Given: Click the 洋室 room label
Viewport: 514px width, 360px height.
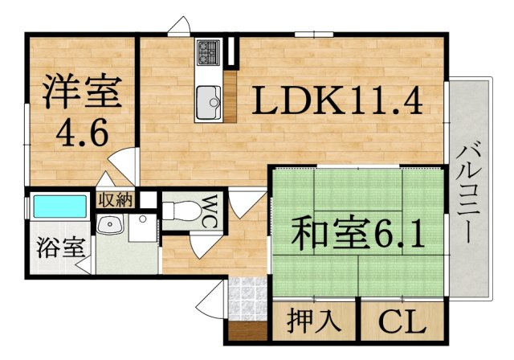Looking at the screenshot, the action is pos(82,92).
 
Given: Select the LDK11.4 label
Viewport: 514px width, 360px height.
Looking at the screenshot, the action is pos(337,100).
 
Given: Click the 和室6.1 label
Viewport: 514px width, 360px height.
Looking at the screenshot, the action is pos(358,234).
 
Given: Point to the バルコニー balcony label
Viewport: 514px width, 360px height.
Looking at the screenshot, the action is pos(469,195).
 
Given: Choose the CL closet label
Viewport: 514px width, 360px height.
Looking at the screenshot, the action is pos(402,321).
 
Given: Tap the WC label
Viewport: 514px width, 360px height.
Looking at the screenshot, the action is pos(209,212).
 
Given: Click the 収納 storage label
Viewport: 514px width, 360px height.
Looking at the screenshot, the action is pos(116,199).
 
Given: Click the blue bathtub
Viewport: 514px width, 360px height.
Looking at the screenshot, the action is pos(60,207).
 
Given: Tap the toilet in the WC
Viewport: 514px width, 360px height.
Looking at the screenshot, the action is pos(182,211).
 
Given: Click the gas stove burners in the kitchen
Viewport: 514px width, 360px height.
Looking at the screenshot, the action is pos(208,52).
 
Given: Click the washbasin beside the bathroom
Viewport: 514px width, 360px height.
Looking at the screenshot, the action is pos(110,224).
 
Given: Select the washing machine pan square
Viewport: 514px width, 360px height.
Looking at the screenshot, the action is pos(143,228).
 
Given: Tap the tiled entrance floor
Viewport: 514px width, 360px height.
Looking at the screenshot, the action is pos(247,299).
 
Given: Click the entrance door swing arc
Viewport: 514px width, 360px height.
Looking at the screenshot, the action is pos(210,300).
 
